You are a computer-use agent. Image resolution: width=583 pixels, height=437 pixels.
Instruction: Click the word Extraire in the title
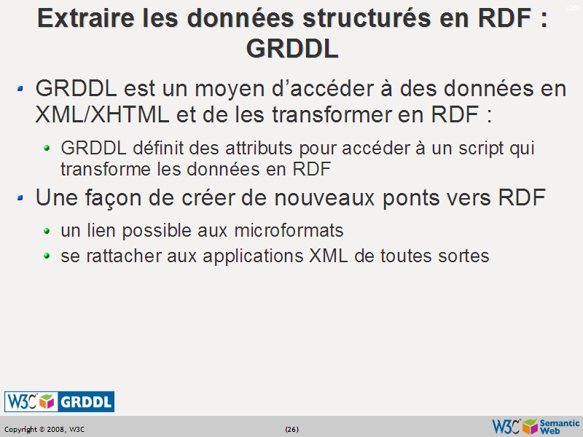(x=82, y=18)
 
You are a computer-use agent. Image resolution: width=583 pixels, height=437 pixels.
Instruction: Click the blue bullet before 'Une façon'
(x=21, y=197)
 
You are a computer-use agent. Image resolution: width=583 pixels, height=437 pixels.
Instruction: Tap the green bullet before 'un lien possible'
(x=47, y=232)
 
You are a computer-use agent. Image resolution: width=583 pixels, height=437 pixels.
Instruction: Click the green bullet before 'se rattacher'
(x=47, y=256)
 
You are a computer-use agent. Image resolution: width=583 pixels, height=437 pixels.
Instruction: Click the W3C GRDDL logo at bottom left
(x=59, y=401)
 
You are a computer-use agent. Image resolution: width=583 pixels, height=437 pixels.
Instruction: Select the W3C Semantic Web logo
(x=536, y=427)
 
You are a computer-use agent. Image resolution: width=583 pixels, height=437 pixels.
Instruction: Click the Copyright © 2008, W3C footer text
(x=44, y=429)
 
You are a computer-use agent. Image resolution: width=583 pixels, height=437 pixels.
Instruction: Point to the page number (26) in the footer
(x=291, y=429)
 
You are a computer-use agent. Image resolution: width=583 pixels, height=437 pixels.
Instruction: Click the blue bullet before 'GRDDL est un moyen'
(x=21, y=89)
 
